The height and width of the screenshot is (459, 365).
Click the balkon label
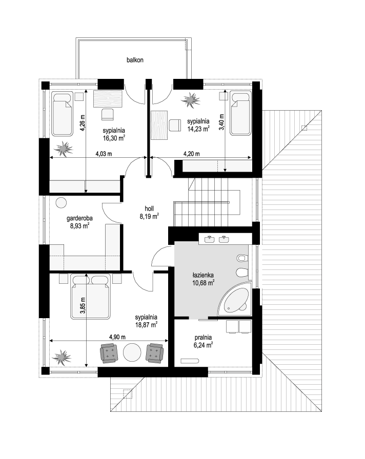pyautogui.click(x=135, y=60)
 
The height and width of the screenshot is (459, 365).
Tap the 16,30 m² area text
pyautogui.click(x=114, y=138)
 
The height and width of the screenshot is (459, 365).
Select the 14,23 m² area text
pyautogui.click(x=198, y=129)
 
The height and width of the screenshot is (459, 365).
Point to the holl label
pyautogui.click(x=149, y=208)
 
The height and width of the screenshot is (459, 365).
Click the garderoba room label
pyautogui.click(x=79, y=218)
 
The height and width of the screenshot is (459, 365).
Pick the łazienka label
pyautogui.click(x=203, y=275)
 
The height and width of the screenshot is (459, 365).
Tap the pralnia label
pyautogui.click(x=203, y=338)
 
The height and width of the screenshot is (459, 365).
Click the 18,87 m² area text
pyautogui.click(x=146, y=325)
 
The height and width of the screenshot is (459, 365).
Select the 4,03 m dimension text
pyautogui.click(x=104, y=154)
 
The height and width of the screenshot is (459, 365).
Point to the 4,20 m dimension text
pyautogui.click(x=192, y=154)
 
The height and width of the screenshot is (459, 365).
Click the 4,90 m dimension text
pyautogui.click(x=117, y=337)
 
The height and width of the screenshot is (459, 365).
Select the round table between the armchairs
pyautogui.click(x=132, y=353)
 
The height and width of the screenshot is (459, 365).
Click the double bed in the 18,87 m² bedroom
pyautogui.click(x=90, y=297)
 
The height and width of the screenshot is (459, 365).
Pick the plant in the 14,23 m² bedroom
pyautogui.click(x=191, y=100)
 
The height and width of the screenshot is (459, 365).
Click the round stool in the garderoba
pyautogui.click(x=61, y=202)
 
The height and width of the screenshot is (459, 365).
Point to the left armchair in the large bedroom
pyautogui.click(x=109, y=353)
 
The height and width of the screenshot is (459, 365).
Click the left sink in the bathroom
pyautogui.click(x=210, y=239)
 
